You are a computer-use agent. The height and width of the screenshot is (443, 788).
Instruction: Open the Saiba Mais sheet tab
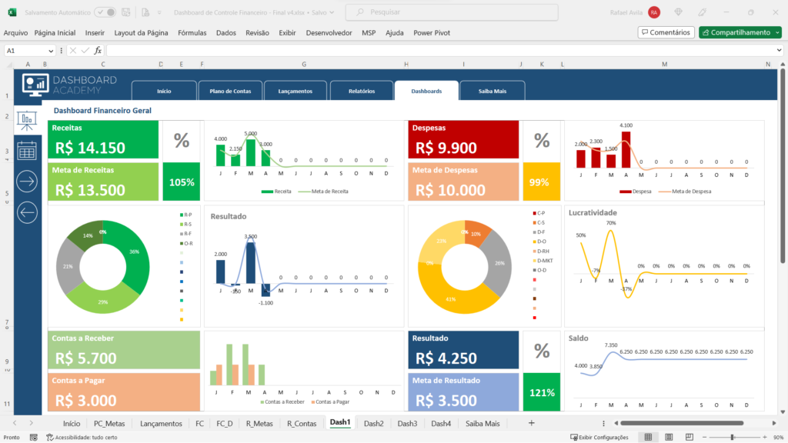pyautogui.click(x=482, y=423)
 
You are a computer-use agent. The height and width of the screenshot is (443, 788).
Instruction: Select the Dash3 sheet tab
pyautogui.click(x=407, y=423)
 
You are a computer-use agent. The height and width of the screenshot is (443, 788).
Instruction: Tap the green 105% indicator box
pyautogui.click(x=181, y=182)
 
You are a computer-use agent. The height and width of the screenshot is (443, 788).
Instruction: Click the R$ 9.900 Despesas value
pyautogui.click(x=446, y=148)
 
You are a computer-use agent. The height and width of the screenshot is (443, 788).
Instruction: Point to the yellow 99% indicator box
pyautogui.click(x=541, y=182)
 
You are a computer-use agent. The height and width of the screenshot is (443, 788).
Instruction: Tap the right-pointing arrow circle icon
pyautogui.click(x=27, y=182)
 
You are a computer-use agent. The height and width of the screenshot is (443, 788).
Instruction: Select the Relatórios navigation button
pyautogui.click(x=361, y=91)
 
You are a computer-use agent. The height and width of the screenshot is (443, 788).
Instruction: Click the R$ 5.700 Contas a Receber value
pyautogui.click(x=86, y=358)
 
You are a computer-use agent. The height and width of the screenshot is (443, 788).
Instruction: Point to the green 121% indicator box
pyautogui.click(x=541, y=392)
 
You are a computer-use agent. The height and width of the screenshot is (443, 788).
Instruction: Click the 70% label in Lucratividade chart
pyautogui.click(x=611, y=223)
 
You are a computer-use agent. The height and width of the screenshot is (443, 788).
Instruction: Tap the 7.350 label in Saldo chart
pyautogui.click(x=611, y=345)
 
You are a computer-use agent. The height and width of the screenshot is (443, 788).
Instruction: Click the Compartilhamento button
pyautogui.click(x=740, y=32)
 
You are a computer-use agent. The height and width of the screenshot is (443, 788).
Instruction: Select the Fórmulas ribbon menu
pyautogui.click(x=192, y=33)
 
